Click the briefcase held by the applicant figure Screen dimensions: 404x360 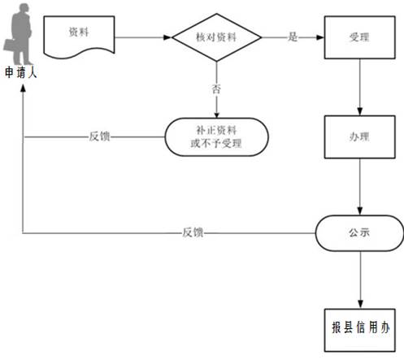(11, 46)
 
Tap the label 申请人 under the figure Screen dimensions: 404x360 (21, 72)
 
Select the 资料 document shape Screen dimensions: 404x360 (79, 37)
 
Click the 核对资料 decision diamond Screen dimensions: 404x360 (216, 37)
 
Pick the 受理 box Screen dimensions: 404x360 (359, 37)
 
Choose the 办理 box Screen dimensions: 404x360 (359, 137)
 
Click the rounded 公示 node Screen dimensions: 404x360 (359, 233)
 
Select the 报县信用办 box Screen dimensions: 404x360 (360, 330)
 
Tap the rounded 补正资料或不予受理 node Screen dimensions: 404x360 (216, 137)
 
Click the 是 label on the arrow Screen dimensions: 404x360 (293, 37)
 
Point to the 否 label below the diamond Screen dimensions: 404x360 (216, 89)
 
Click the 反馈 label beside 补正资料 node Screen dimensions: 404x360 (100, 137)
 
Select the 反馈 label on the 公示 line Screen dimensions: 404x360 (193, 232)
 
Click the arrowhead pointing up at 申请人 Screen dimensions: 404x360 (23, 88)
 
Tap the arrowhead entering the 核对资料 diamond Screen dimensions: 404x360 (167, 37)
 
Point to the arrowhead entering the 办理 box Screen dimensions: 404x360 (359, 111)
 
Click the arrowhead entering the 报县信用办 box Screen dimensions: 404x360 (360, 305)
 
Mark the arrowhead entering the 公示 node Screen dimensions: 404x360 (359, 211)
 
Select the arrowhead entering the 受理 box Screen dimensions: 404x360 (320, 37)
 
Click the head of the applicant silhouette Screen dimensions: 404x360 (24, 7)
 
